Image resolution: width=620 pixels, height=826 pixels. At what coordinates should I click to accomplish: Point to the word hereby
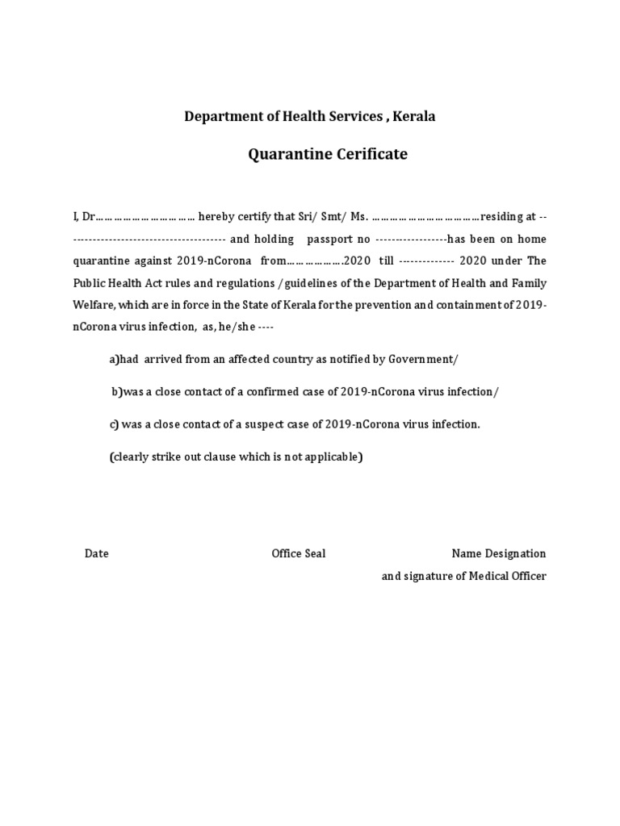217,217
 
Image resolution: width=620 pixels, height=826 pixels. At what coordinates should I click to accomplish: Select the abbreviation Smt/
335,217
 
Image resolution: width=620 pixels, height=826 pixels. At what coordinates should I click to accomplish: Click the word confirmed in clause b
277,392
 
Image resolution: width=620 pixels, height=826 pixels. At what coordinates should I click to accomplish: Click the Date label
97,554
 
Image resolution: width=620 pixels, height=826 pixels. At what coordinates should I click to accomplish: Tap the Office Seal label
299,554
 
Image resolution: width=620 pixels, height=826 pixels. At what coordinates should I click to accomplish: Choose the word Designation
515,554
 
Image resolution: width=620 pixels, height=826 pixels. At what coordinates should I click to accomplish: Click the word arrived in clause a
164,359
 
